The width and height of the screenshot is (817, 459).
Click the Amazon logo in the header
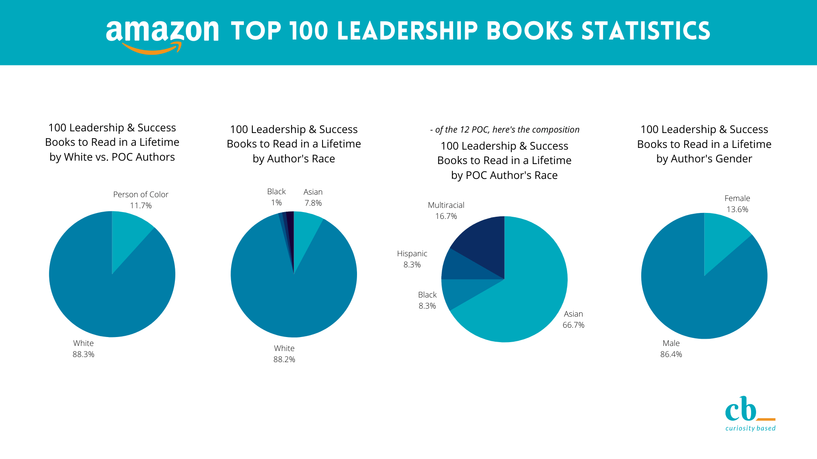pyautogui.click(x=162, y=36)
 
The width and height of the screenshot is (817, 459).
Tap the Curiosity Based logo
pyautogui.click(x=750, y=414)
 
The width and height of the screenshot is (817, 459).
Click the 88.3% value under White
pyautogui.click(x=83, y=354)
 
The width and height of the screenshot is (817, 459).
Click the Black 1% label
pyautogui.click(x=276, y=197)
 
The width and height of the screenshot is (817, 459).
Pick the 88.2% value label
pyautogui.click(x=284, y=360)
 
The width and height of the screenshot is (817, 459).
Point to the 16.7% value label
pyautogui.click(x=446, y=216)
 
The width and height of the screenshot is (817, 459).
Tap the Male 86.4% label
pyautogui.click(x=671, y=348)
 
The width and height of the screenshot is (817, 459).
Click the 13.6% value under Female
pyautogui.click(x=737, y=210)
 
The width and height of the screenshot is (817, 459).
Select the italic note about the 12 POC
pyautogui.click(x=505, y=130)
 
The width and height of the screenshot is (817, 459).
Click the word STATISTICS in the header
pyautogui.click(x=646, y=31)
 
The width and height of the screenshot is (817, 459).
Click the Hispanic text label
pyautogui.click(x=412, y=254)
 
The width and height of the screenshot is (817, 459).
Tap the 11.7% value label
pyautogui.click(x=141, y=206)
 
